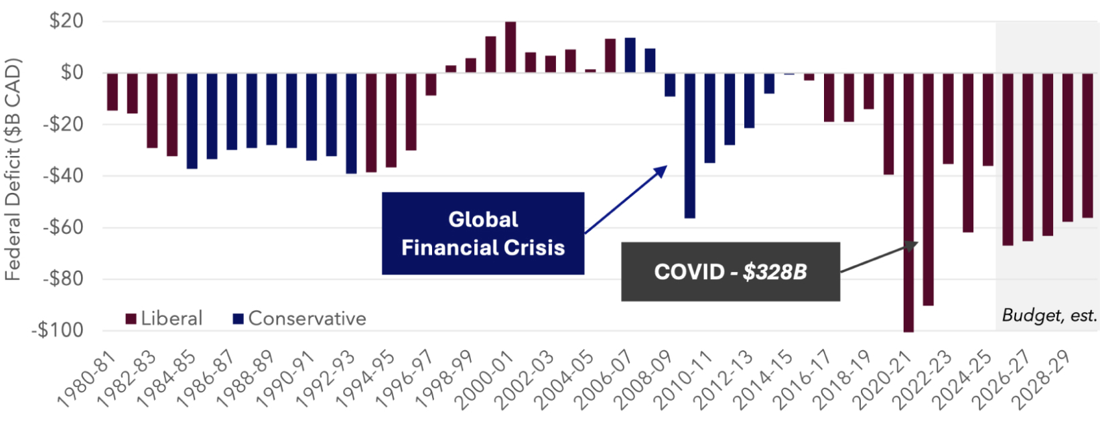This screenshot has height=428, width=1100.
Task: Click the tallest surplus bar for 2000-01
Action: [510, 47]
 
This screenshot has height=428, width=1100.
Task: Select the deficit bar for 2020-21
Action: [908, 203]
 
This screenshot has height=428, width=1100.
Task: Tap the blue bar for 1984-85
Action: [192, 121]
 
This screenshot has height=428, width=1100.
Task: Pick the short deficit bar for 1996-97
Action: [431, 84]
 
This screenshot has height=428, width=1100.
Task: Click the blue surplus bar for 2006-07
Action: [630, 56]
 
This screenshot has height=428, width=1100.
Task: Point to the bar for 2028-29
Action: [1068, 147]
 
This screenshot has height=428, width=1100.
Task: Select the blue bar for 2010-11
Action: [709, 118]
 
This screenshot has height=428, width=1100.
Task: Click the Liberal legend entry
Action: [164, 319]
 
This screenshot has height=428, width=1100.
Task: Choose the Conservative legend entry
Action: [299, 319]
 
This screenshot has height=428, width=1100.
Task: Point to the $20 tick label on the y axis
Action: [67, 21]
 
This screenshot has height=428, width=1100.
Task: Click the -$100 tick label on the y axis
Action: [58, 330]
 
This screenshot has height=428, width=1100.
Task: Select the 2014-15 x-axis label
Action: [766, 380]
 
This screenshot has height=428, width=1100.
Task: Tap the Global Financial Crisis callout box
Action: [483, 233]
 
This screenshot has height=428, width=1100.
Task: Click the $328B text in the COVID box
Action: [775, 272]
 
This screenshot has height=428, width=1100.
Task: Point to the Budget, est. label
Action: [1049, 315]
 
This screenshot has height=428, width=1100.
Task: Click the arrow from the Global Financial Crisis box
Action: [626, 199]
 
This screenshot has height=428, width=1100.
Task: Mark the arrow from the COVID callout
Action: [879, 257]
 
